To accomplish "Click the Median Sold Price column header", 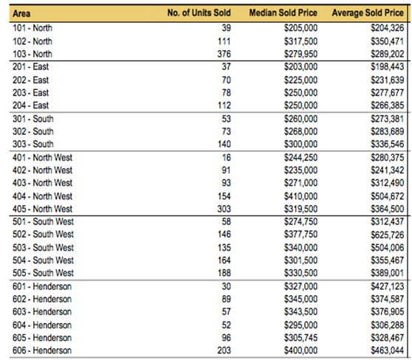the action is [x=283, y=13].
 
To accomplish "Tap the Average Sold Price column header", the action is [x=368, y=13].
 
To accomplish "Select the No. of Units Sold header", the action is [x=199, y=13].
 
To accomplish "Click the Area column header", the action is [x=21, y=13].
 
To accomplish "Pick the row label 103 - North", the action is [x=32, y=54].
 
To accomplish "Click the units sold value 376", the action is [x=224, y=54].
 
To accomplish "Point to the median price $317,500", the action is [x=301, y=41].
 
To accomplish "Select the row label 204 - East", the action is [x=30, y=105].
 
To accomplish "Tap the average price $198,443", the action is [x=388, y=66].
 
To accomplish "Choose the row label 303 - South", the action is [x=32, y=144].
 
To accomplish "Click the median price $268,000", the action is [x=301, y=131].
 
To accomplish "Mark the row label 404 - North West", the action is [x=42, y=196].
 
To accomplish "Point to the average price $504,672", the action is [x=388, y=196].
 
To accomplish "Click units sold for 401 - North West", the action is [x=227, y=158].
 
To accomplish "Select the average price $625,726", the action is [x=388, y=235].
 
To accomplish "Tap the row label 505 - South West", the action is [x=43, y=273].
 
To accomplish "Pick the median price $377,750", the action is [x=301, y=235].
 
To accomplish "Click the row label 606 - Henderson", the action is [x=42, y=350].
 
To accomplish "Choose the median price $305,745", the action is [x=301, y=338].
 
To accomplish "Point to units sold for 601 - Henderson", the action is [x=226, y=286].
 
